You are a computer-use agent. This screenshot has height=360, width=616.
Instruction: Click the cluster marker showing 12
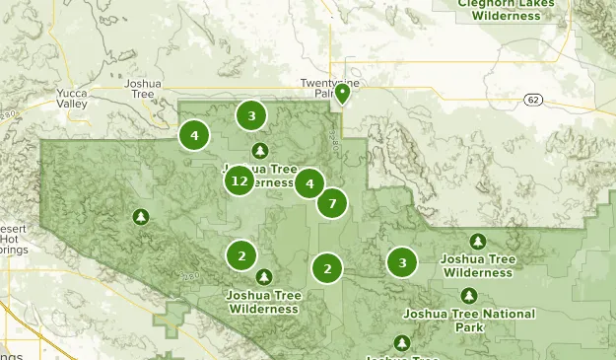tap(240, 181)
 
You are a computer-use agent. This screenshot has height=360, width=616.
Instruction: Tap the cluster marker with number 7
tap(332, 203)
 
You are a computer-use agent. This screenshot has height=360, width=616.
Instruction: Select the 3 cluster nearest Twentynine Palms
tap(251, 116)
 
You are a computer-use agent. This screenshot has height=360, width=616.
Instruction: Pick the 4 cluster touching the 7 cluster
tap(309, 183)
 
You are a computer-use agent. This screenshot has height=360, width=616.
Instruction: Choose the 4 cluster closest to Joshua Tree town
tap(194, 135)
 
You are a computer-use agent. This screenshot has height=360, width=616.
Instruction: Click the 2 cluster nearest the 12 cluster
tap(241, 255)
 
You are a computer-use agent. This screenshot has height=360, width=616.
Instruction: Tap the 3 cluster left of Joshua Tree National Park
tap(401, 262)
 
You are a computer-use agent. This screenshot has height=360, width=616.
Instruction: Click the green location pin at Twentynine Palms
tap(342, 93)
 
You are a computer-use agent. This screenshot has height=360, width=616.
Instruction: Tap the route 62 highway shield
tap(533, 100)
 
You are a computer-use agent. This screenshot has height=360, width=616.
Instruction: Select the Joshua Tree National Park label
tap(469, 320)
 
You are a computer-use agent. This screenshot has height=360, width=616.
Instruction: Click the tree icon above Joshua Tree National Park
tap(469, 295)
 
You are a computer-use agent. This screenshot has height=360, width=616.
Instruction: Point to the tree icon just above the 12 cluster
tap(259, 151)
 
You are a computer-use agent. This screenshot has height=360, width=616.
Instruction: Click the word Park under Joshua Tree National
tap(469, 326)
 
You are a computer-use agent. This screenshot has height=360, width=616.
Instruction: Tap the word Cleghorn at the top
tap(482, 4)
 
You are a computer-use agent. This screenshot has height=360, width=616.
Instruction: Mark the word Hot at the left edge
tap(9, 239)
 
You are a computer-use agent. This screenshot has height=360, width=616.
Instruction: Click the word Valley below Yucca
tap(71, 104)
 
